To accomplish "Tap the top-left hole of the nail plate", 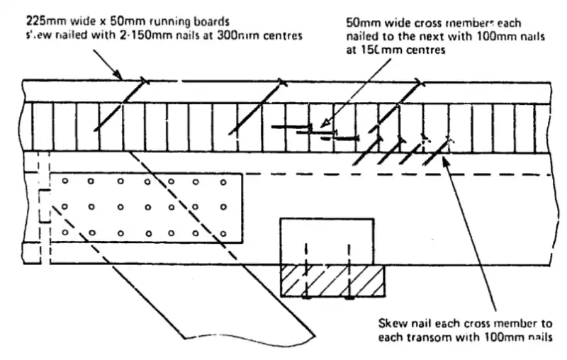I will [64, 181].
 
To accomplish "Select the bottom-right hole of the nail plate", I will [224, 232].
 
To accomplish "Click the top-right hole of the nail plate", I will [224, 181].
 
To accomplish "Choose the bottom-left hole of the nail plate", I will [64, 232].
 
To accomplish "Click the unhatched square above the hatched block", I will [327, 241].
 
